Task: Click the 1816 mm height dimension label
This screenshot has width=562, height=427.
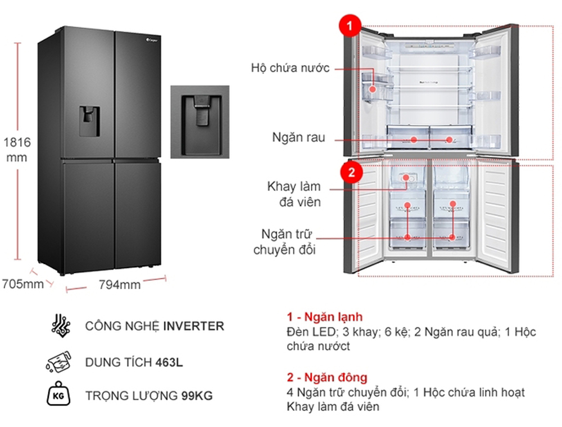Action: tap(16, 150)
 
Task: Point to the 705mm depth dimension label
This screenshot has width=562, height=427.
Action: tap(22, 284)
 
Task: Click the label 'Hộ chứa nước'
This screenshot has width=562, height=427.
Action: tap(290, 69)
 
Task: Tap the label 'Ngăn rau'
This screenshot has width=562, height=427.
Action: tap(299, 138)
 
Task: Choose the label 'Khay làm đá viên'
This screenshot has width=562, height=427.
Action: tap(294, 194)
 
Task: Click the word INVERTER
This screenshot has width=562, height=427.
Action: tap(193, 326)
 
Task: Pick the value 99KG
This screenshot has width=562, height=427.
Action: tap(197, 396)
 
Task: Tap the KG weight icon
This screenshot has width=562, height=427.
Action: tap(57, 395)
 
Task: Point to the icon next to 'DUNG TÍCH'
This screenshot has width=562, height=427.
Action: tap(58, 361)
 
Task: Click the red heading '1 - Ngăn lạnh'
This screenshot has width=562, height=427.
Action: tap(324, 317)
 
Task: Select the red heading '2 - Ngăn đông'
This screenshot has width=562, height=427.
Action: tap(327, 377)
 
